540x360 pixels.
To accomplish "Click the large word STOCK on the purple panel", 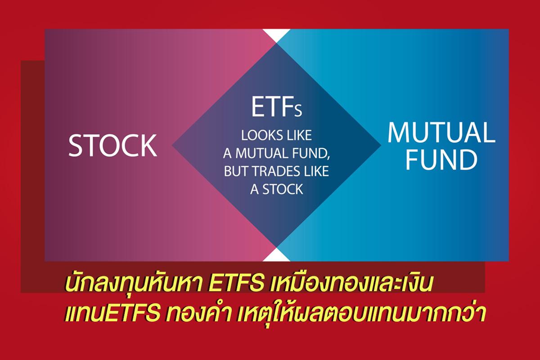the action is pyautogui.click(x=113, y=145).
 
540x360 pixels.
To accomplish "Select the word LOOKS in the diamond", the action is pyautogui.click(x=261, y=135).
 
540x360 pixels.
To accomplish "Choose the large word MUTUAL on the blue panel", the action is pyautogui.click(x=441, y=133).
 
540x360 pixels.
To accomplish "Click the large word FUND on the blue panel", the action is pyautogui.click(x=441, y=159).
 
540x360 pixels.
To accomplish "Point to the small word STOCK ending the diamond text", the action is pyautogui.click(x=283, y=189).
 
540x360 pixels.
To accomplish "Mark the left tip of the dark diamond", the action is pyautogui.click(x=172, y=145).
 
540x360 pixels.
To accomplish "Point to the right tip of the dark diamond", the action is pyautogui.click(x=381, y=145).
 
